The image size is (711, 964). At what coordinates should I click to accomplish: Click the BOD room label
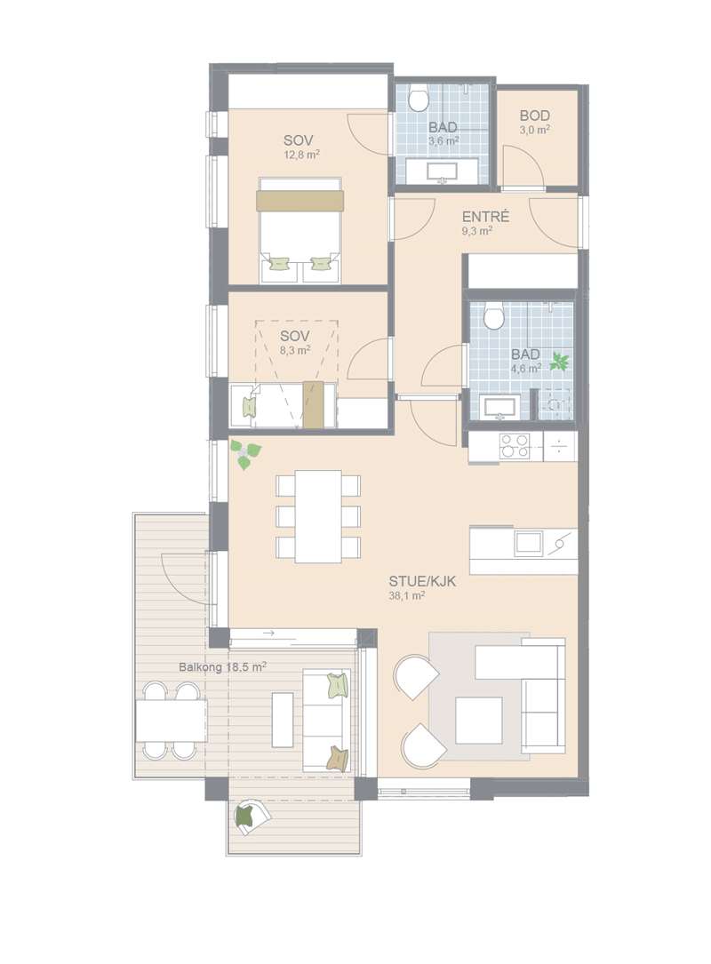point(534,116)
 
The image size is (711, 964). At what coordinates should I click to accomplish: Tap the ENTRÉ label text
point(485,217)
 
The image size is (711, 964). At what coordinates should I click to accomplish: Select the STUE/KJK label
point(422,581)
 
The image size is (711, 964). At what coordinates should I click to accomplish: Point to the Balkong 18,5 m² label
point(222,666)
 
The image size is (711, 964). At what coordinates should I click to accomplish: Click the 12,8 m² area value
point(300,155)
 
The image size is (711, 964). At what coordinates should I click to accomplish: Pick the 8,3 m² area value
point(295,350)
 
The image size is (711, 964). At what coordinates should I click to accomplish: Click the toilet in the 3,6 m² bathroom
point(419,99)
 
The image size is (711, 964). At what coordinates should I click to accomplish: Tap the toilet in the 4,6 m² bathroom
point(493,315)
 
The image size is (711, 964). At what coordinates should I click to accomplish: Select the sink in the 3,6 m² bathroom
point(443,171)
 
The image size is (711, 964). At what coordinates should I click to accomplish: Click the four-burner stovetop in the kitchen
point(515,446)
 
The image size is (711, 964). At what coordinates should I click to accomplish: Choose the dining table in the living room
point(318,516)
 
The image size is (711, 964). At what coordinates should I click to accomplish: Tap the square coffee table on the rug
point(478,720)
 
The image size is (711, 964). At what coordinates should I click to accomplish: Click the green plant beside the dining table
point(245,454)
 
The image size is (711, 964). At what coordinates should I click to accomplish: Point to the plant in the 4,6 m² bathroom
point(559,361)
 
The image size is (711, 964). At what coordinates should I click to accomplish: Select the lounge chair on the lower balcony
point(251,816)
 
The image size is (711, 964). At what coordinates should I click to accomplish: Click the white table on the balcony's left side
point(172,721)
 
